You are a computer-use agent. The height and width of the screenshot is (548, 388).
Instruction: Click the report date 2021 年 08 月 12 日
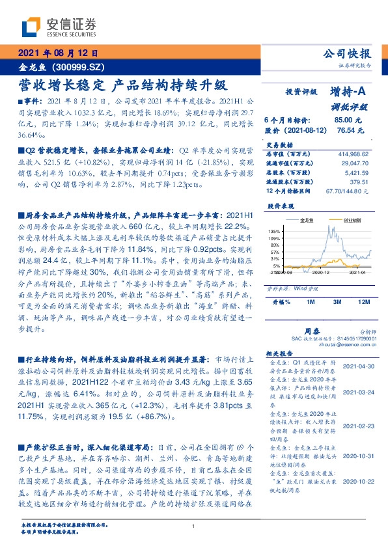coord(58,54)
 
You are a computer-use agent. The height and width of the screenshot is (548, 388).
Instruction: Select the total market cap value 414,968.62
coord(351,152)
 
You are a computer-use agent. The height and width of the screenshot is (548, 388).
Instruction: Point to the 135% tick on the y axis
coord(273,231)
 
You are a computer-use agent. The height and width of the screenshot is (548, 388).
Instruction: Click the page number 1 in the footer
coord(194,527)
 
